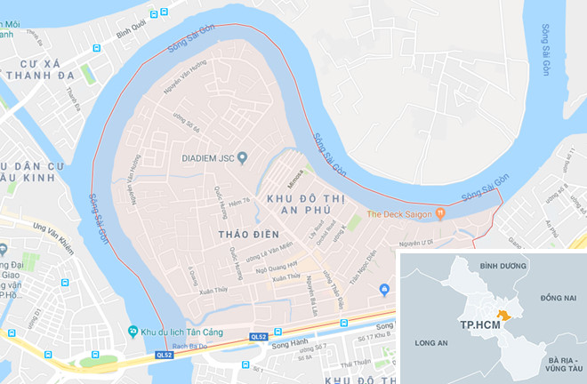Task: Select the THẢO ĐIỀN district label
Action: tap(242, 233)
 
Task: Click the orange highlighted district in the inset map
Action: tap(503, 315)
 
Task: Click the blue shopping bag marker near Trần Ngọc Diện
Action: tap(384, 289)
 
